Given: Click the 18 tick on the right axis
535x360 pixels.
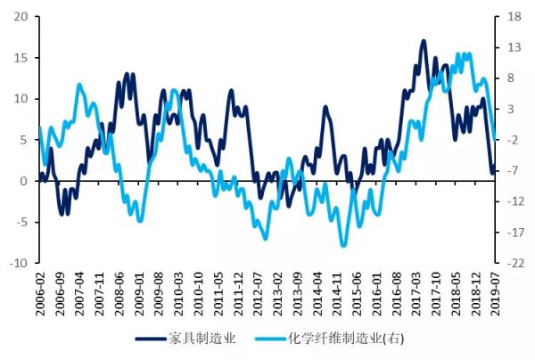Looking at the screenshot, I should [x=515, y=17].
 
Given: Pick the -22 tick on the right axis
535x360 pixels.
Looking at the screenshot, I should [x=515, y=264].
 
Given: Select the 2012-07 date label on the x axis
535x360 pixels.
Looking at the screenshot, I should [x=258, y=292].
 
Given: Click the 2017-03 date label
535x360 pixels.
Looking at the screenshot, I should [x=416, y=292].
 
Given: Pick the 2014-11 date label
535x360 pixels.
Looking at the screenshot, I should [x=337, y=292].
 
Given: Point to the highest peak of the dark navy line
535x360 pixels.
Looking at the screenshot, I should [x=423, y=41].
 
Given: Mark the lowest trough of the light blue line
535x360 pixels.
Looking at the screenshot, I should [x=343, y=245].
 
